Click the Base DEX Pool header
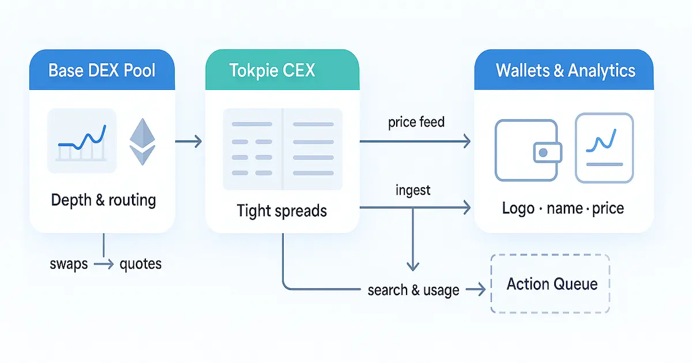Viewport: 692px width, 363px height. (x=102, y=70)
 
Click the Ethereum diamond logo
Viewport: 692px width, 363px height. (x=142, y=142)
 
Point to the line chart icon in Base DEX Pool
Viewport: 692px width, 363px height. (x=82, y=141)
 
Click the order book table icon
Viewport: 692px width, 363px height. (x=283, y=149)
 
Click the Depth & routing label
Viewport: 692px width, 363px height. (x=103, y=201)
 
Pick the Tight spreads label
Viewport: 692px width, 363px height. (x=281, y=211)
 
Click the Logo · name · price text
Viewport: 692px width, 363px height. (x=563, y=208)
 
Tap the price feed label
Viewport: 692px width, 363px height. (x=416, y=122)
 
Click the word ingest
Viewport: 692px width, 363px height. (x=413, y=190)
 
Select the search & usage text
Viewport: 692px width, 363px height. (x=413, y=290)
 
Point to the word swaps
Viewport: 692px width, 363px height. (x=69, y=264)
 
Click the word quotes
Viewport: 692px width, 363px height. (x=140, y=264)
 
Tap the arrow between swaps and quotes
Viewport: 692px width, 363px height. (x=103, y=264)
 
